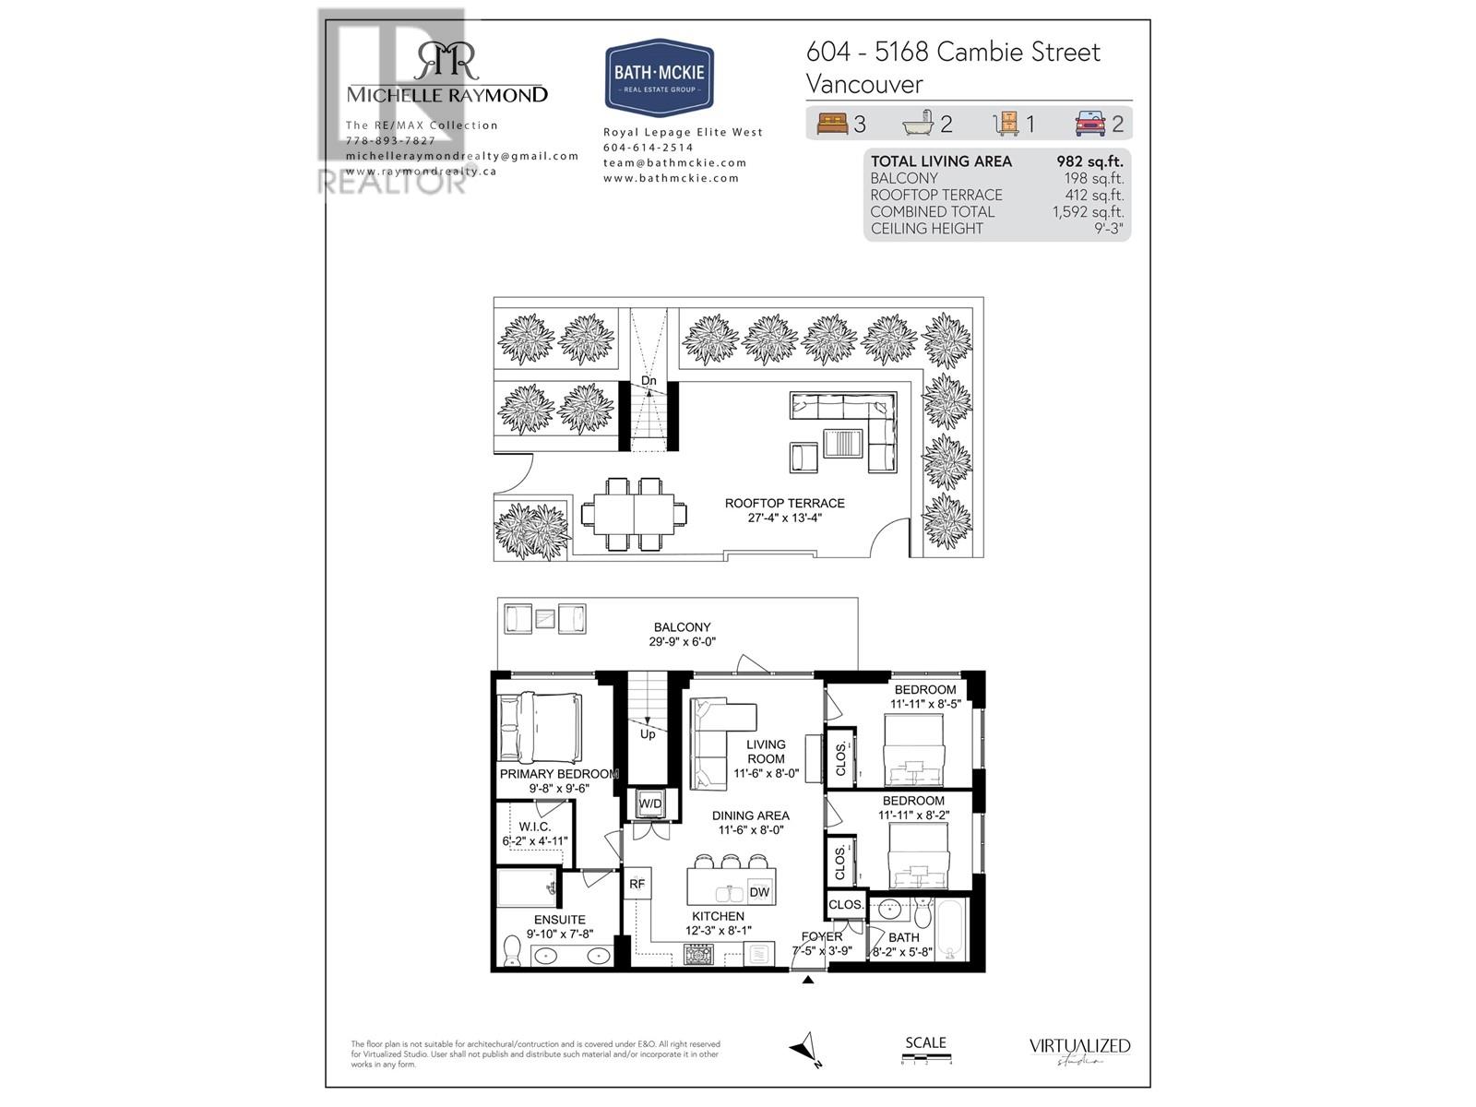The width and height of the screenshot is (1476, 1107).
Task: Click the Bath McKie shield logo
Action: coord(660,77)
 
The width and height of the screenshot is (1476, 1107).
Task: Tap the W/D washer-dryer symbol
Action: coord(650,803)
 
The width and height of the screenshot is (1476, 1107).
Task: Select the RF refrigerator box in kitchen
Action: coord(637,884)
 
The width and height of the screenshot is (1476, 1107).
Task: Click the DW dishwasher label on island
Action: coord(758,892)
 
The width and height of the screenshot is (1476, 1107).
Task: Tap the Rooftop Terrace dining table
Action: coord(634,514)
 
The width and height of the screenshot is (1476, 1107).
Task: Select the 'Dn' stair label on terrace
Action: coord(649,381)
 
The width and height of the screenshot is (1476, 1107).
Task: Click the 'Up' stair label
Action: coord(648,734)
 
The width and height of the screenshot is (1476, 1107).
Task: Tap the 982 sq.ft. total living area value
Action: coord(1089,161)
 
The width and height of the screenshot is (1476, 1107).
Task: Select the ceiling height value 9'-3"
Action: coord(1108,229)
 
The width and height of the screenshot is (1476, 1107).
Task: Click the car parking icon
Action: coord(1090,123)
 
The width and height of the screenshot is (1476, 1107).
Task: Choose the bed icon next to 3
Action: coord(831,123)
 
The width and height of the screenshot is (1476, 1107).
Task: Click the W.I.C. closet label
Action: coord(534,827)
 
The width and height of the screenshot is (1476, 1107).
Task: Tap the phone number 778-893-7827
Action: coord(390,140)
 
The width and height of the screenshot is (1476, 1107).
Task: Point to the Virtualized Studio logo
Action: coord(1079,1051)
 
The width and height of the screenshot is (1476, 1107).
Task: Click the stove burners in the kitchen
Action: coord(698,954)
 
